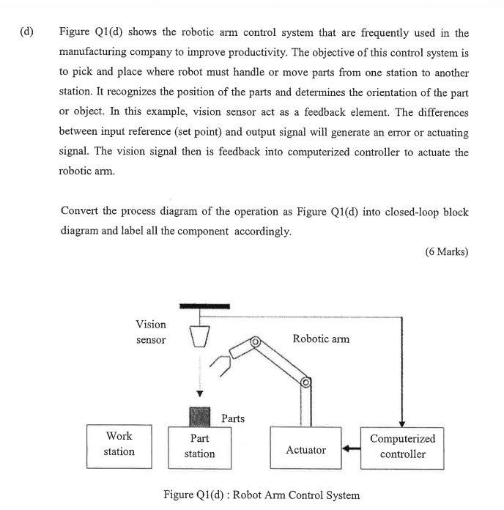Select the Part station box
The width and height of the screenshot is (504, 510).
(199, 446)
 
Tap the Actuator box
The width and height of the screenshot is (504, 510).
(305, 449)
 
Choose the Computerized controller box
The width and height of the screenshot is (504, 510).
(402, 446)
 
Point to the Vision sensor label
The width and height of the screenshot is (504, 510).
(151, 332)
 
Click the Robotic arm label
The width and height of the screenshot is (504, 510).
(321, 339)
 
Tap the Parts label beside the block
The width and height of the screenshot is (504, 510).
(233, 418)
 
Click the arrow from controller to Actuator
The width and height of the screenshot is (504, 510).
(352, 448)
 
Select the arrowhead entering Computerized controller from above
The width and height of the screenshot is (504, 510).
(402, 422)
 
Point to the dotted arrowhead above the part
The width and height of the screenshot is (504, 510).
(199, 393)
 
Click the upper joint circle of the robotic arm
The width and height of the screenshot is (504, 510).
(256, 341)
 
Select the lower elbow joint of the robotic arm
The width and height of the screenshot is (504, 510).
(305, 382)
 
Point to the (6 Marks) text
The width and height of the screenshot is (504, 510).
(446, 251)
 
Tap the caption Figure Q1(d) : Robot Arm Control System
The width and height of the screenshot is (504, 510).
(262, 495)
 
